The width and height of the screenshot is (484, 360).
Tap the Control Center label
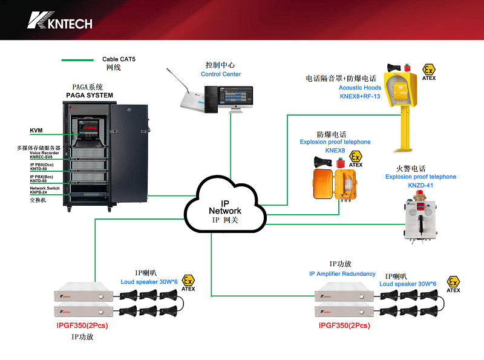pyautogui.click(x=220, y=74)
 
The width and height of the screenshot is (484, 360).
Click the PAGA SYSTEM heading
pyautogui.click(x=90, y=96)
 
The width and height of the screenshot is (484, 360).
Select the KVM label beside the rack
pyautogui.click(x=36, y=131)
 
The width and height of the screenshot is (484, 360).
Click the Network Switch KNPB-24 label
pyautogui.click(x=45, y=190)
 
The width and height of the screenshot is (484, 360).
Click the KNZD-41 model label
pyautogui.click(x=421, y=186)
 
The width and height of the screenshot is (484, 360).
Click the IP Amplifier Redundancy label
pyautogui.click(x=342, y=274)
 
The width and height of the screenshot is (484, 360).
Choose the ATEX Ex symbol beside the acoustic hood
pyautogui.click(x=429, y=70)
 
